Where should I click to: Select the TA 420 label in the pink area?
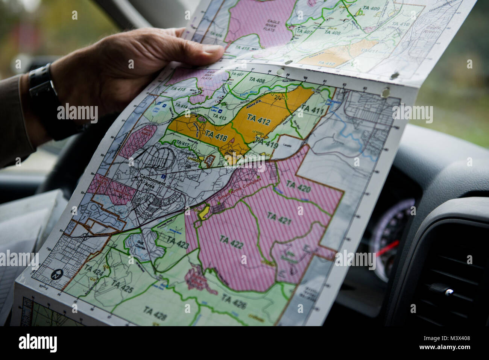(x=298, y=186)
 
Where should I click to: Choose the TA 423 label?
(x=178, y=243)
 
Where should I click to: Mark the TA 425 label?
(x=122, y=287)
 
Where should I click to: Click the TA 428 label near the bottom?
(x=155, y=313)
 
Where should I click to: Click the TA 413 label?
(x=219, y=117)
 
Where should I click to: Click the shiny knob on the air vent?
(x=448, y=292)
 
